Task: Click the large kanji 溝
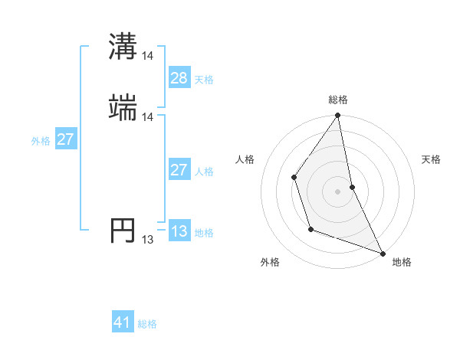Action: [x=123, y=47]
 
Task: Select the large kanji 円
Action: [x=123, y=230]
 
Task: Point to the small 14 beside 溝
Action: [x=148, y=55]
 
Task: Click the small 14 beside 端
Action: [x=148, y=116]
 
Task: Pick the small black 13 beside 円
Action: [x=148, y=240]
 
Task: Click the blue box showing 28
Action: [x=179, y=78]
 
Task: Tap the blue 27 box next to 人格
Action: [x=179, y=170]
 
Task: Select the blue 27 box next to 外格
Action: [x=66, y=139]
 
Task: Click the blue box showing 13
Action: [x=179, y=231]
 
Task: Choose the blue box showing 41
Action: [x=123, y=323]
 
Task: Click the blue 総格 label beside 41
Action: [x=147, y=324]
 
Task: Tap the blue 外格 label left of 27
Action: [x=41, y=140]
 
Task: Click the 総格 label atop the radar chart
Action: [x=338, y=100]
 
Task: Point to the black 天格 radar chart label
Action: [x=432, y=159]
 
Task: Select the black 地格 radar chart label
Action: [x=402, y=262]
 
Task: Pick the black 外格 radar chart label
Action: [x=270, y=262]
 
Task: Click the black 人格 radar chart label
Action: [x=245, y=159]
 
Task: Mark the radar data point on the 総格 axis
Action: [x=338, y=116]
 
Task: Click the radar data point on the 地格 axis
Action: [x=383, y=253]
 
